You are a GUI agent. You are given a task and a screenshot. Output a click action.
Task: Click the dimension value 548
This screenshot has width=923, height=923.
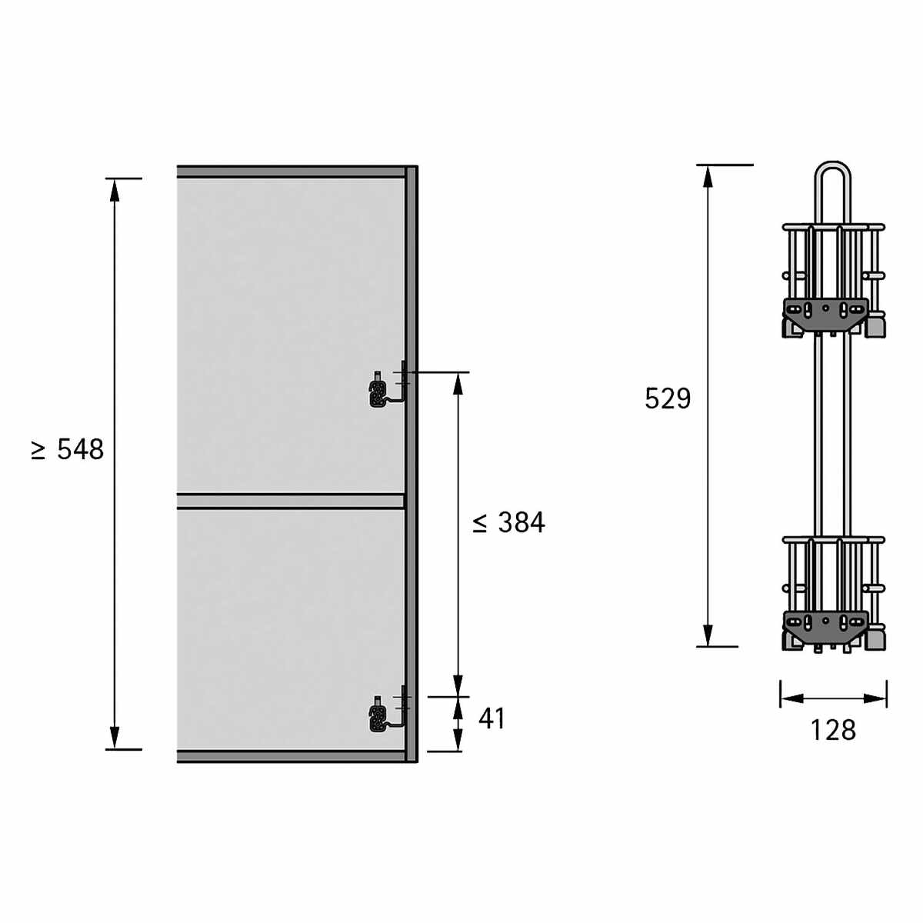[81, 449]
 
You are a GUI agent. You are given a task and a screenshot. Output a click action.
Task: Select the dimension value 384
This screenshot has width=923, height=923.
[521, 522]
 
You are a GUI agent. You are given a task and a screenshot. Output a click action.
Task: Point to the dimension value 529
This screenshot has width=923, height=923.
[668, 398]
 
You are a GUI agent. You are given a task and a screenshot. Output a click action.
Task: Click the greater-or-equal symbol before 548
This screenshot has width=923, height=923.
[38, 451]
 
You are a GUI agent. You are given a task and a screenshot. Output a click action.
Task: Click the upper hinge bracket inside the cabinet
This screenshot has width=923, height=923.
[388, 388]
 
